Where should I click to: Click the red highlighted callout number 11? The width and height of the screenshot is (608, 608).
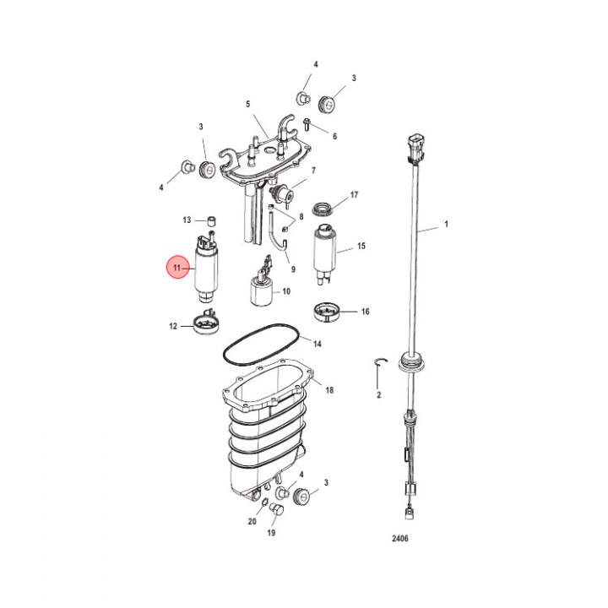(x=177, y=269)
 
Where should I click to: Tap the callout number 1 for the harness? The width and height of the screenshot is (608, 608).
(x=447, y=226)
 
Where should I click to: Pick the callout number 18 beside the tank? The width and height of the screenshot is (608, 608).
(x=329, y=390)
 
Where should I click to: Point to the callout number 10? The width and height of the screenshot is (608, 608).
(x=286, y=291)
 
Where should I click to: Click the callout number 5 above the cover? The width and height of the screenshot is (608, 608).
(x=248, y=104)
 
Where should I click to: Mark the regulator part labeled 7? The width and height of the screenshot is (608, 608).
(x=282, y=193)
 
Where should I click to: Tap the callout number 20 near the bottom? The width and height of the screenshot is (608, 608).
(x=252, y=522)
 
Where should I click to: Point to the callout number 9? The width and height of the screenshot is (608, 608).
(x=293, y=269)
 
